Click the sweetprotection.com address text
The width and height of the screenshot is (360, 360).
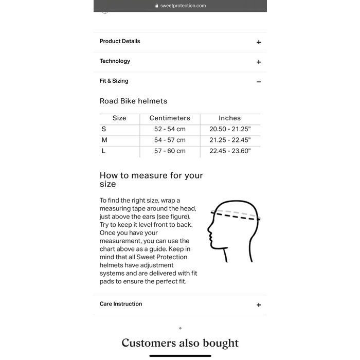pos(183,6)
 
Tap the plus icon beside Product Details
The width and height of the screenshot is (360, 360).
pos(259,42)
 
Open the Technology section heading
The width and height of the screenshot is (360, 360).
pos(115,61)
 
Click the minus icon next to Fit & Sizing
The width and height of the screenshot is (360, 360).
pos(259,82)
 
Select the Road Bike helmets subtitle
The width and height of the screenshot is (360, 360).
pos(133,101)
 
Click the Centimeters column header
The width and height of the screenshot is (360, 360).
pos(170,118)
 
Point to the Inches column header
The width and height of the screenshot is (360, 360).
pos(229,118)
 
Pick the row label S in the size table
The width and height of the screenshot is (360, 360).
pos(104,129)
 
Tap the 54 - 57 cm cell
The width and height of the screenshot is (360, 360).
pos(170,140)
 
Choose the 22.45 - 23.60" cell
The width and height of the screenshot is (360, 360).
pos(229,151)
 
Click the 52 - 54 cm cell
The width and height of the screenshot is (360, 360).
pos(170,129)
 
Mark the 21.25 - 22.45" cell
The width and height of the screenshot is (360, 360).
pos(229,140)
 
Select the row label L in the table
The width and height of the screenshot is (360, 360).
pos(104,151)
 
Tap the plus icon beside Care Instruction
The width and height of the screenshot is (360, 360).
pos(259,305)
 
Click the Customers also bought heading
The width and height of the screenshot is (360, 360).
pos(180,343)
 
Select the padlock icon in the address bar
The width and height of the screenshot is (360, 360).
pos(157,6)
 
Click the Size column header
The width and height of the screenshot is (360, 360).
pos(119,118)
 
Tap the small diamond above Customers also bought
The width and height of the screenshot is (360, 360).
pos(180,328)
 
